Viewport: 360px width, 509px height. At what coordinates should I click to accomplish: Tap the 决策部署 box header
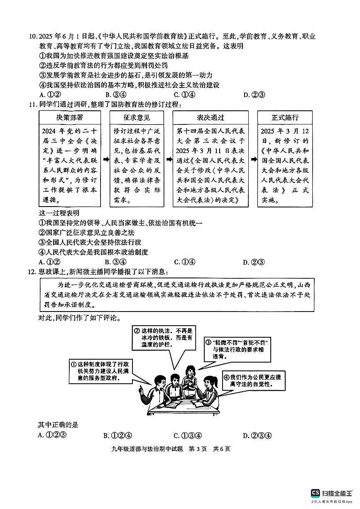70,117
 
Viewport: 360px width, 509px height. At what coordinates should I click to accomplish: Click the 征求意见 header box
137,117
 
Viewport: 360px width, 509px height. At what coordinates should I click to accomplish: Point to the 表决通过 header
211,117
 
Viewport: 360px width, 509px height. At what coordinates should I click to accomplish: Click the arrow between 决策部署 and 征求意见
105,159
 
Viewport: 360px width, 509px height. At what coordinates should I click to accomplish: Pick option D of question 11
254,262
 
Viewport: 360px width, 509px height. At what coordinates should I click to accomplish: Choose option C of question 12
188,435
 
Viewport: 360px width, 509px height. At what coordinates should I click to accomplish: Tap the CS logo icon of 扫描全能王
316,493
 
